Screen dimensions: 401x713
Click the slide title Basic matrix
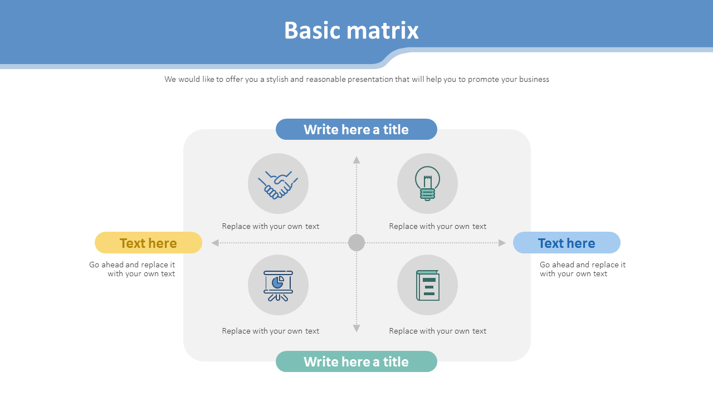(351, 31)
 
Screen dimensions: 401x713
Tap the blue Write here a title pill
(356, 129)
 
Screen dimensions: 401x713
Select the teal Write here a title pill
(356, 361)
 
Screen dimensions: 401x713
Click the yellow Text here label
(148, 243)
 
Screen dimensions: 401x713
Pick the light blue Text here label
(567, 243)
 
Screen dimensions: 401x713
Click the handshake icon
(278, 184)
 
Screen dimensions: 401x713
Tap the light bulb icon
(427, 183)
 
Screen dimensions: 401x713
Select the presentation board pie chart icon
(278, 285)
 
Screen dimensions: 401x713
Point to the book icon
(427, 285)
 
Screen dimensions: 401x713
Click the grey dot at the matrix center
(356, 243)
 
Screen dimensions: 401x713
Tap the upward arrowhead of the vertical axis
(356, 160)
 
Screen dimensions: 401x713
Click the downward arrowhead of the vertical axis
(356, 329)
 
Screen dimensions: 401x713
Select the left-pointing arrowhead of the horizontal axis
(215, 243)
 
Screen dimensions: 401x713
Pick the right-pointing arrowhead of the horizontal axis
(502, 243)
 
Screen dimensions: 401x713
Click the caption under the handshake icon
(271, 226)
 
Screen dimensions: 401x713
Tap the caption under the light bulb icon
(438, 226)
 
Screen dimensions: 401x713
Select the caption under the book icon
(438, 331)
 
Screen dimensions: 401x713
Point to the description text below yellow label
(133, 269)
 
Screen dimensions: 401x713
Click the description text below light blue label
(582, 269)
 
